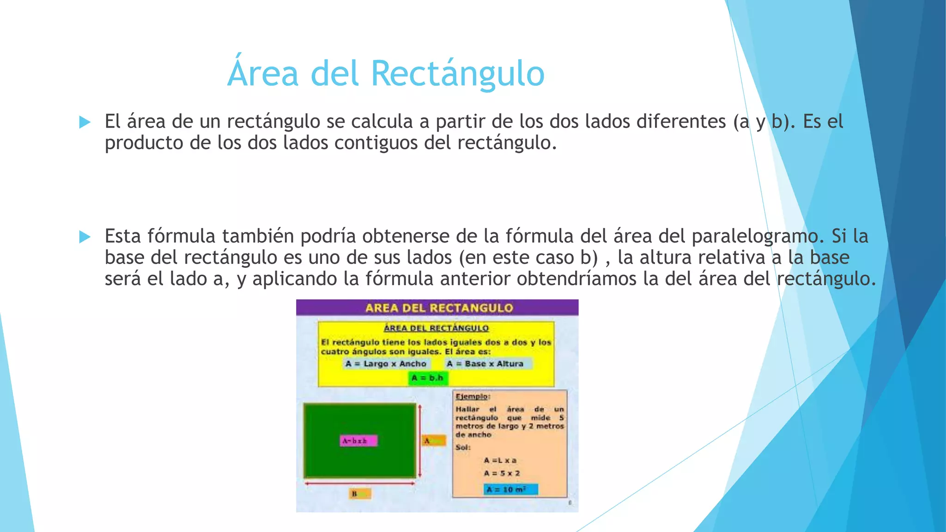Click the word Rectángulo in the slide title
(457, 74)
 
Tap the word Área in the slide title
(263, 73)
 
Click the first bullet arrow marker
(85, 122)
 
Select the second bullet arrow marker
(85, 236)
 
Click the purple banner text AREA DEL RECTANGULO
(439, 308)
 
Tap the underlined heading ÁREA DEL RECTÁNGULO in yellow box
(436, 328)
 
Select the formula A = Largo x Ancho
(386, 364)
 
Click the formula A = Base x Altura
(485, 364)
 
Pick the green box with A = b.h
(428, 378)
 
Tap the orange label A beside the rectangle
(434, 441)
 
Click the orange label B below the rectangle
(360, 494)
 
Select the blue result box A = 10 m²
(511, 490)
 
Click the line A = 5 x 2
(502, 473)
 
